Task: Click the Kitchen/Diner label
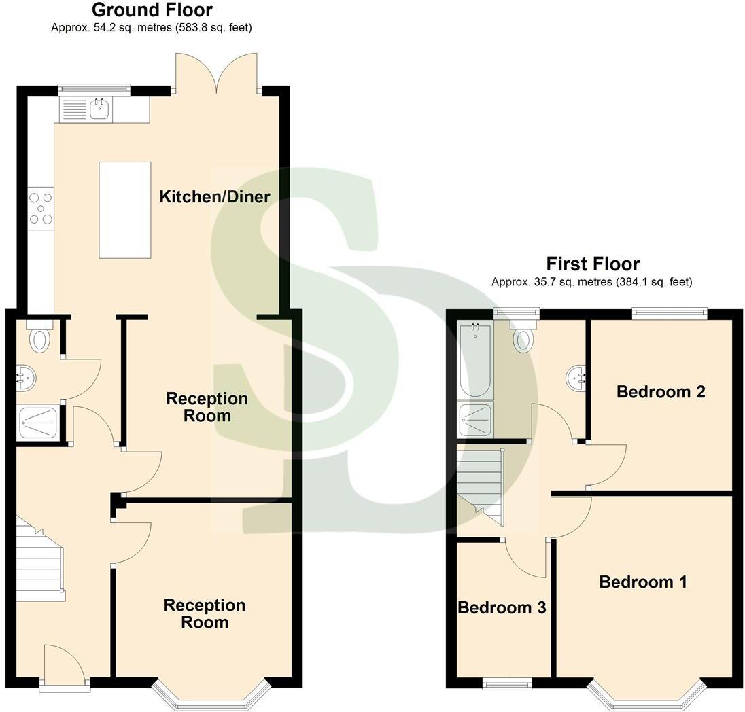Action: (x=215, y=197)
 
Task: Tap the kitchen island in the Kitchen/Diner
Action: (x=125, y=210)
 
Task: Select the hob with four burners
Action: (x=40, y=209)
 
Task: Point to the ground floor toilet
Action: (x=39, y=337)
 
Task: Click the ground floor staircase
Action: (x=39, y=564)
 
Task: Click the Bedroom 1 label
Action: (x=643, y=582)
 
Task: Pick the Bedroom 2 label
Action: (x=661, y=392)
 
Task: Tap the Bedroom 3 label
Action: (x=502, y=607)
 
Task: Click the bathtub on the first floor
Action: (x=474, y=360)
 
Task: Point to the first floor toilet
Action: (x=522, y=338)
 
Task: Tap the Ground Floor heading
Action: (x=152, y=10)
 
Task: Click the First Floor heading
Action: (x=593, y=264)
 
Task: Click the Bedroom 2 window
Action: (x=668, y=313)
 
